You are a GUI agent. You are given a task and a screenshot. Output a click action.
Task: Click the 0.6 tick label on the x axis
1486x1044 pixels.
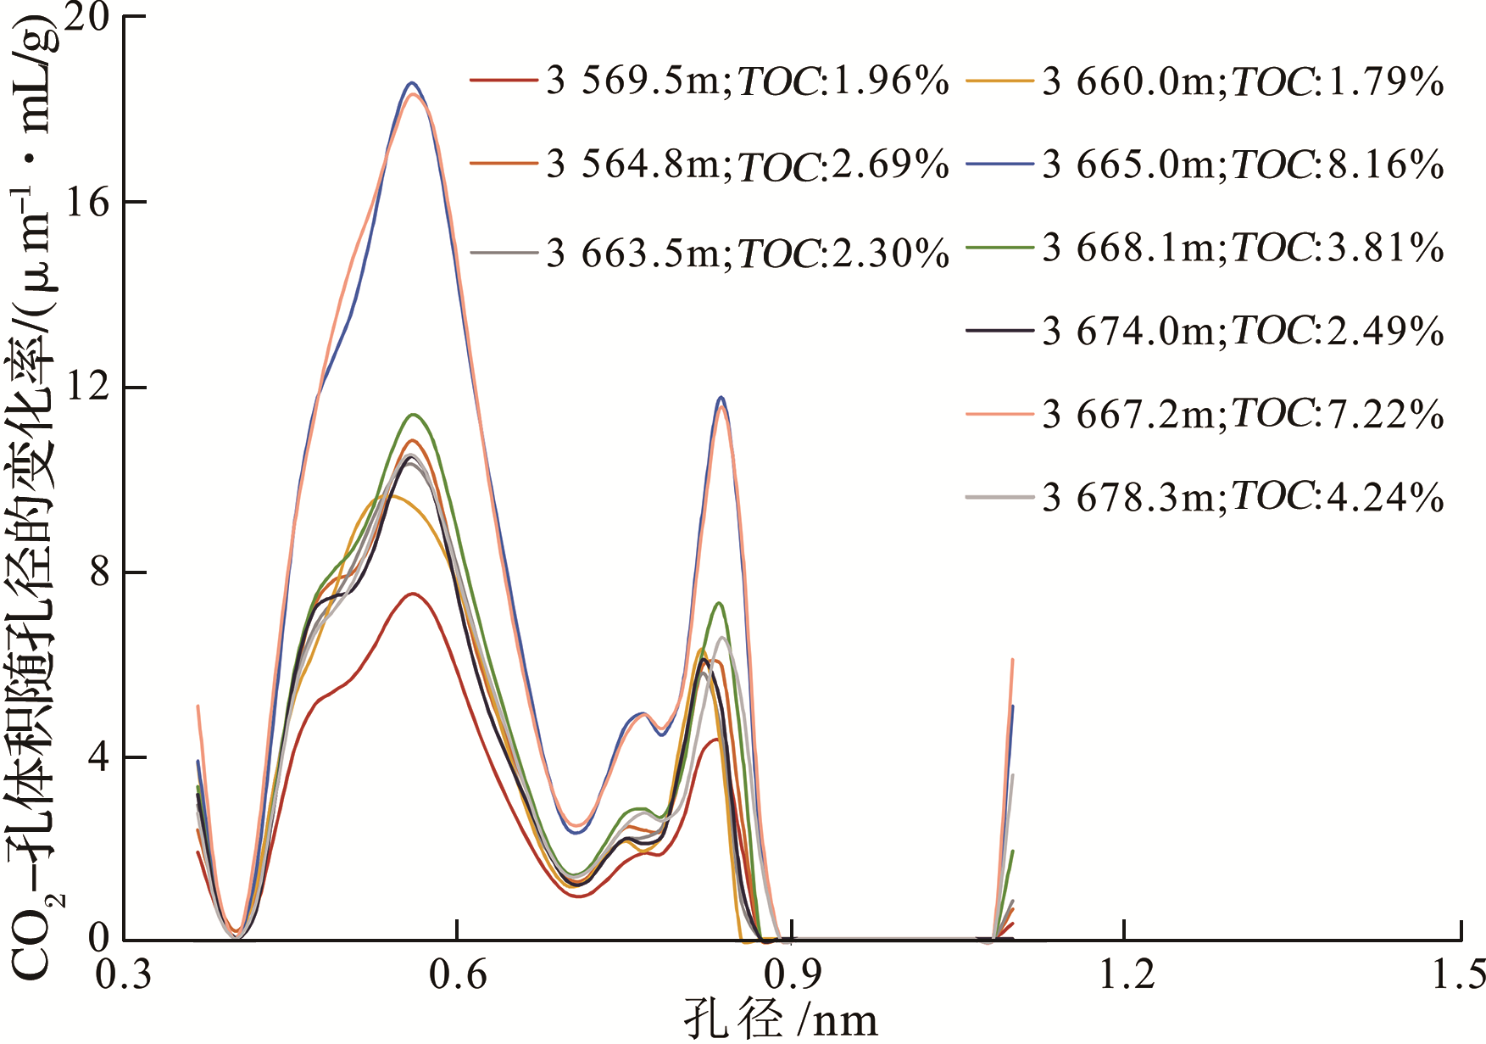point(458,975)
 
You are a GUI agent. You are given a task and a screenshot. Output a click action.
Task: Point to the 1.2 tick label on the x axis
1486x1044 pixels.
point(1126,975)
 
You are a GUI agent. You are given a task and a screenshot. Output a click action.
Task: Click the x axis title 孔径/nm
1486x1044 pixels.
point(780,1020)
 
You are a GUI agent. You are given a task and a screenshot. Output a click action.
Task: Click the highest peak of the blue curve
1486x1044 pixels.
point(413,83)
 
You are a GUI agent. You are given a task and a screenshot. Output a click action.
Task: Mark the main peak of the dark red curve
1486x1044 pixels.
point(413,594)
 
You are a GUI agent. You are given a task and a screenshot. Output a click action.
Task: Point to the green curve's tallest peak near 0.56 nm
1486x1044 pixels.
point(414,415)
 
